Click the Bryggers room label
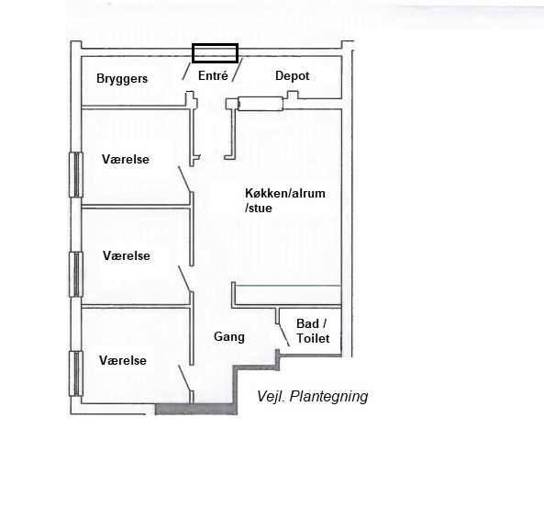coord(122,79)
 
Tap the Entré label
coord(213,75)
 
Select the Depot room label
coord(293,75)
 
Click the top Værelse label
coord(126,159)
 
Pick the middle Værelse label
coord(126,255)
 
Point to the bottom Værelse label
coord(123,361)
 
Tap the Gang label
coord(229,337)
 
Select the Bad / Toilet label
coord(312,332)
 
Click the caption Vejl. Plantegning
coord(312,397)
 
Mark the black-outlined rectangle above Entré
coord(215,52)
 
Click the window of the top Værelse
coord(75,175)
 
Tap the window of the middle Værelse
coord(75,273)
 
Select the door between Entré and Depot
coord(238,70)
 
